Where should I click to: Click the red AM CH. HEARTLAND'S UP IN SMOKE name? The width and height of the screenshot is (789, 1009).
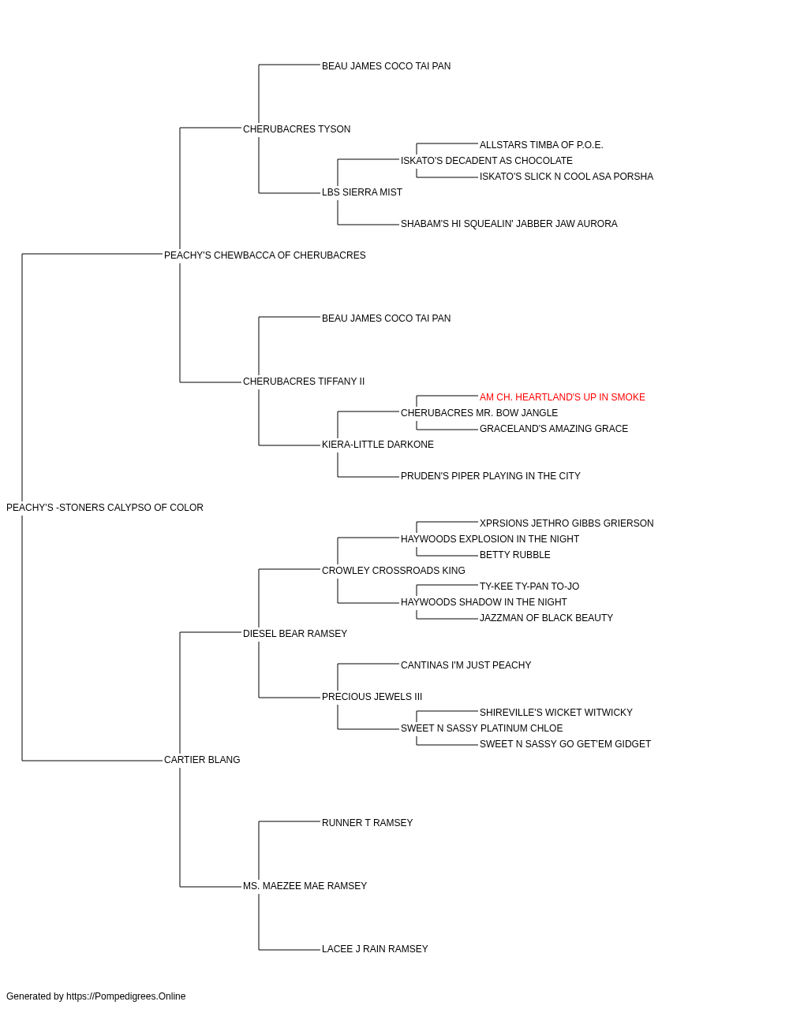pyautogui.click(x=563, y=397)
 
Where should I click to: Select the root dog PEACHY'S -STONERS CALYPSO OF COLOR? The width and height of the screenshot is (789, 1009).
pyautogui.click(x=105, y=508)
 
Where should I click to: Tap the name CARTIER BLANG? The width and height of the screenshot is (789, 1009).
pyautogui.click(x=202, y=760)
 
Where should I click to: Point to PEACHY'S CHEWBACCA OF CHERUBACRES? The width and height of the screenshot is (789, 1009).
pyautogui.click(x=265, y=255)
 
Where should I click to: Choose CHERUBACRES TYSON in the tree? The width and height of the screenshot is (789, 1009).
pyautogui.click(x=297, y=129)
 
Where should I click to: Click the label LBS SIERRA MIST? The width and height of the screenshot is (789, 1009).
pyautogui.click(x=362, y=192)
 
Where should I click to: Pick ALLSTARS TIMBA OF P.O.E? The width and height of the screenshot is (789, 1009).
pyautogui.click(x=541, y=145)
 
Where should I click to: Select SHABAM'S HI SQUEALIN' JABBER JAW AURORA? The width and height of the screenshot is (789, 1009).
pyautogui.click(x=509, y=224)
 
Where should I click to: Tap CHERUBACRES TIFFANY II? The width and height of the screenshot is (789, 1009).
pyautogui.click(x=304, y=382)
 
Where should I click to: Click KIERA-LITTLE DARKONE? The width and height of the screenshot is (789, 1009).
pyautogui.click(x=378, y=445)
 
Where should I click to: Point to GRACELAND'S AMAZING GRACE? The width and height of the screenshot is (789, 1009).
pyautogui.click(x=554, y=429)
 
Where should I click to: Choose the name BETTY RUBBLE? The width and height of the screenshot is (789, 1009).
pyautogui.click(x=515, y=555)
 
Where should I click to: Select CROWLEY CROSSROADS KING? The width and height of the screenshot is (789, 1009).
pyautogui.click(x=394, y=571)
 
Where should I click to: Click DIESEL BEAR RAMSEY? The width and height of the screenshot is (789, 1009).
pyautogui.click(x=295, y=634)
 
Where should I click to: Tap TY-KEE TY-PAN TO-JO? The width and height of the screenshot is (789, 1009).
pyautogui.click(x=529, y=586)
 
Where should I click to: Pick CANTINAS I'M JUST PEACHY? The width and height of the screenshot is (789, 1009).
pyautogui.click(x=466, y=665)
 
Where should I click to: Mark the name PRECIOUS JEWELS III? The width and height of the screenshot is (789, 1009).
pyautogui.click(x=372, y=697)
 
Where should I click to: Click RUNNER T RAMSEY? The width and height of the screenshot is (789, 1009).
pyautogui.click(x=368, y=823)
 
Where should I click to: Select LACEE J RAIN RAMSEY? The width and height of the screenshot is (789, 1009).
pyautogui.click(x=375, y=949)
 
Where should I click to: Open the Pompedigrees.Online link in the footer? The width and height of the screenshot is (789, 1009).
pyautogui.click(x=126, y=996)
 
